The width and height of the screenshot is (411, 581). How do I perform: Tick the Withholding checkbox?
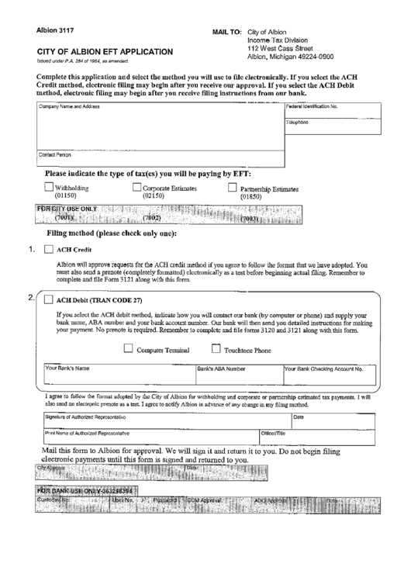[48, 186]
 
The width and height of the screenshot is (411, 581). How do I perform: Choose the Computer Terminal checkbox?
[128, 348]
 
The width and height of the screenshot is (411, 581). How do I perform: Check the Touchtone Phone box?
[216, 348]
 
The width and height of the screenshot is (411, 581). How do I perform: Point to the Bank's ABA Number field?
[238, 377]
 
